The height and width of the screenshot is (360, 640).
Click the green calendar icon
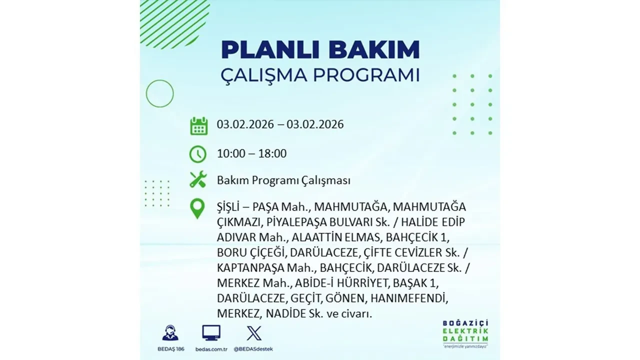point(198,125)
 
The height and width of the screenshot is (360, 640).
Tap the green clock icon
point(198,153)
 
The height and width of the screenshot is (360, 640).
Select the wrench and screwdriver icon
point(198,179)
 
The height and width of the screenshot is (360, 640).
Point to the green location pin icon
point(198,208)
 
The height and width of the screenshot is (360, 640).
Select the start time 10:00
point(231,153)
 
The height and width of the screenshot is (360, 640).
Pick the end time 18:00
point(272,153)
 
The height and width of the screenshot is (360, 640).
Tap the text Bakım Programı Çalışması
point(283,180)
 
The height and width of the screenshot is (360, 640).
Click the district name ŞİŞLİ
point(231,206)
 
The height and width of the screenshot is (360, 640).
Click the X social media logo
point(254,333)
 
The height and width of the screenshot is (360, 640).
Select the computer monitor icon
point(211,333)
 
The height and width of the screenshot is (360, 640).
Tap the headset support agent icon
point(170,333)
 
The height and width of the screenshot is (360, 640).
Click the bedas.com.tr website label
point(211,348)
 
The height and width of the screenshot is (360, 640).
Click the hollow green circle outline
point(159,93)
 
